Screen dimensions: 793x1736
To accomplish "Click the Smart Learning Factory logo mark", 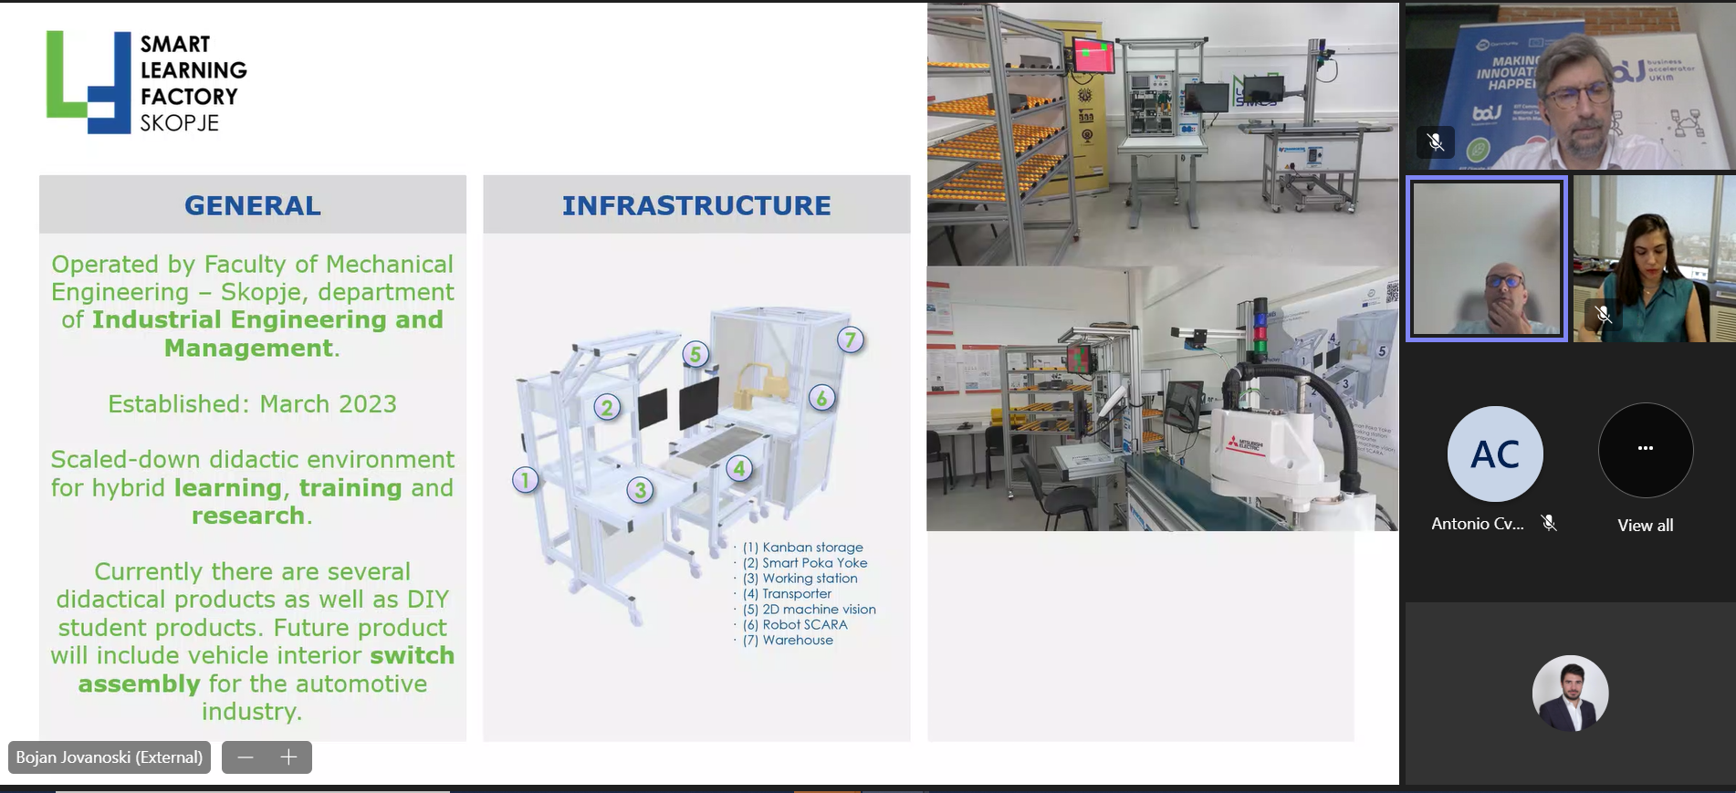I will (x=89, y=82).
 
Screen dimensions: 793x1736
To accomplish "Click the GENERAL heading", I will (x=253, y=205).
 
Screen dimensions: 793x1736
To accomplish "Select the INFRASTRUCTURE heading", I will (x=696, y=205).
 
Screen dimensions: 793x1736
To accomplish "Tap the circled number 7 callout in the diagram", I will (x=851, y=340).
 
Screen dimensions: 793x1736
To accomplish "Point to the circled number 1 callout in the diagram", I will (x=525, y=479).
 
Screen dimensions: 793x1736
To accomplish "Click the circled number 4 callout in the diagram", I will (x=739, y=469).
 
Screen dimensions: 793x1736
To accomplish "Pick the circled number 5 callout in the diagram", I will (x=695, y=353).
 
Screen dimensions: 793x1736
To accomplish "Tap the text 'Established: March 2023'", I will (x=252, y=403).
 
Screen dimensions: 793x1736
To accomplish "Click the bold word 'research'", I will (x=248, y=516).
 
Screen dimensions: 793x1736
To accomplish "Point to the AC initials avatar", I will (x=1495, y=454).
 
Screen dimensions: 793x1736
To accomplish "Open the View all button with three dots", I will (x=1646, y=449).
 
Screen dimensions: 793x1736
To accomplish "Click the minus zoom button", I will (x=246, y=757).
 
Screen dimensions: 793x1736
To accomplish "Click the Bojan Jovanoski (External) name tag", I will (x=110, y=757).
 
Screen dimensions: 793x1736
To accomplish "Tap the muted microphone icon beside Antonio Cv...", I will (x=1549, y=523).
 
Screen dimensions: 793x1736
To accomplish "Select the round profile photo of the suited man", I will (x=1570, y=694).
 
